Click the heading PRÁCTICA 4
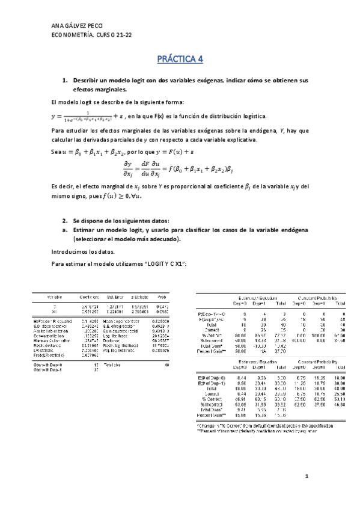[x=180, y=59]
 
